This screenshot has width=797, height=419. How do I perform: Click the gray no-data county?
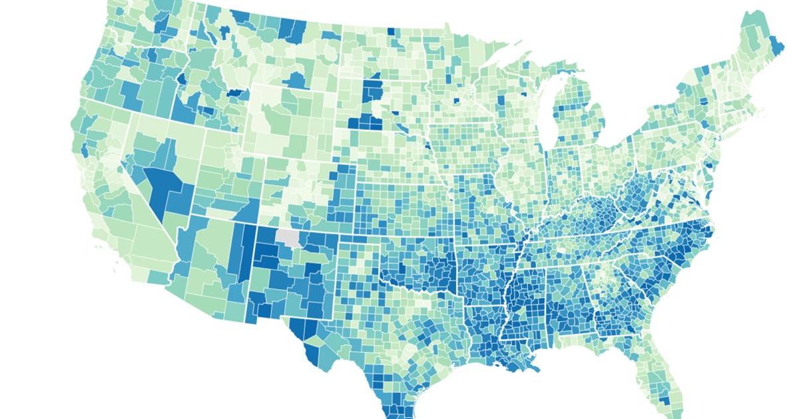pos(288,236)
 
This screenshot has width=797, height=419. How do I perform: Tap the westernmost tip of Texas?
pos(285,317)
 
